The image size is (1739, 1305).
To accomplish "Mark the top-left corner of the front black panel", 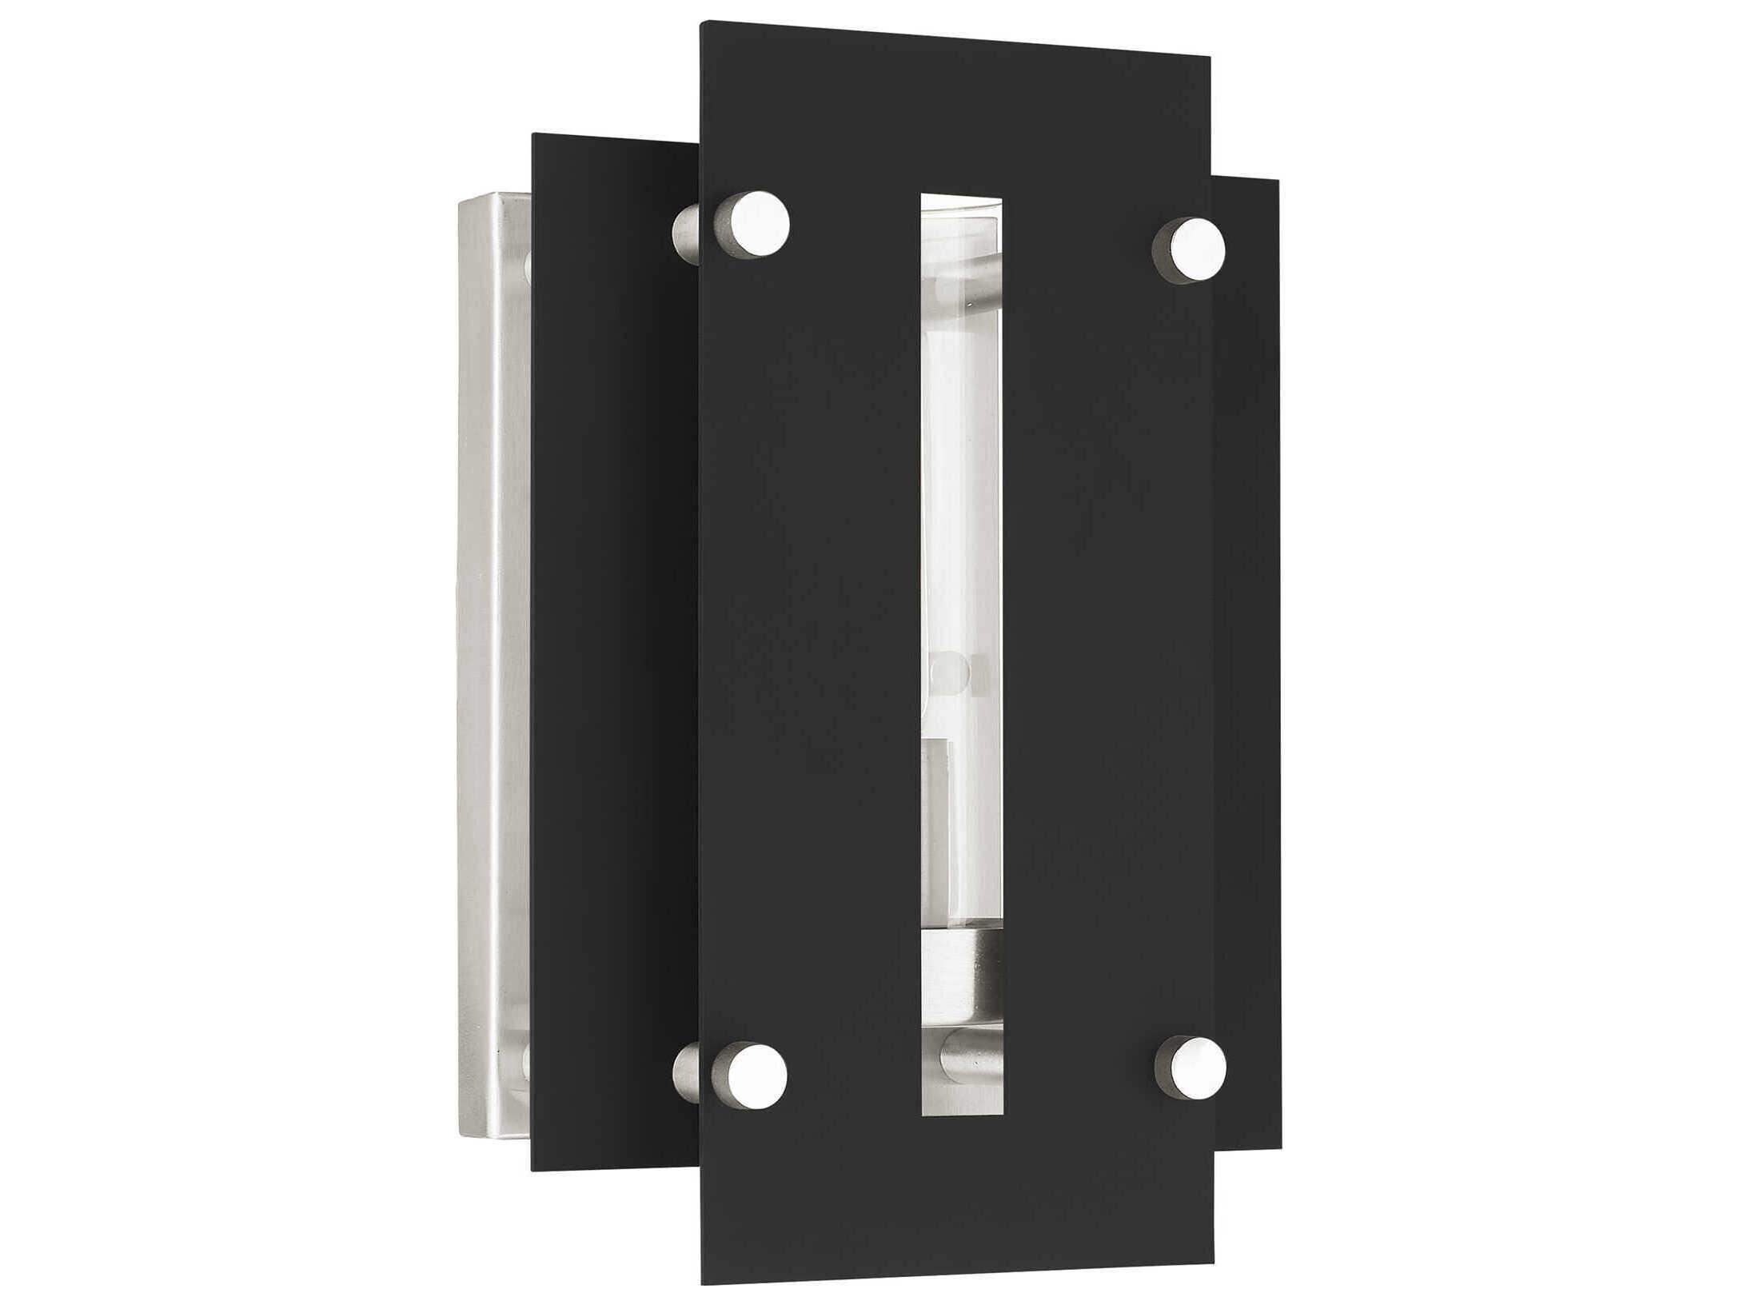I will tap(702, 24).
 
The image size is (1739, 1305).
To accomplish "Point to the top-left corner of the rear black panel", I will tap(533, 133).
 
